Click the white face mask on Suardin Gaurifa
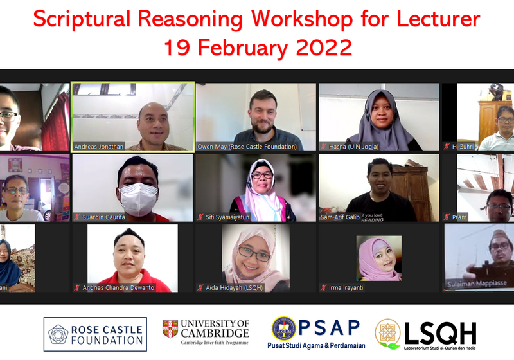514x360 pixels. (138, 197)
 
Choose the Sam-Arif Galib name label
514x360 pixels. (340, 217)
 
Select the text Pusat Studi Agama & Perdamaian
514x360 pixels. (314, 345)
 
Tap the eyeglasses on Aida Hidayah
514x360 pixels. (254, 254)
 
